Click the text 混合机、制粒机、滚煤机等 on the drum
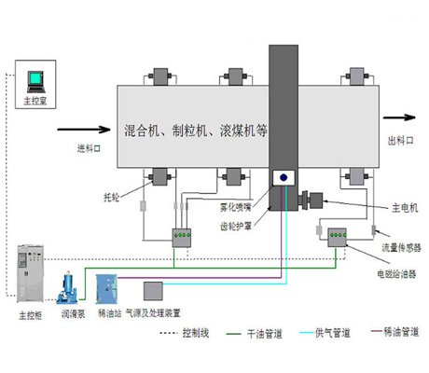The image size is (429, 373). point(195,131)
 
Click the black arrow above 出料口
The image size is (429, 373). point(398,117)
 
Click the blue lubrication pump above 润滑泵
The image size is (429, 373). point(69,285)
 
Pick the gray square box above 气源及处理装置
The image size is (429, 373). point(154,290)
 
